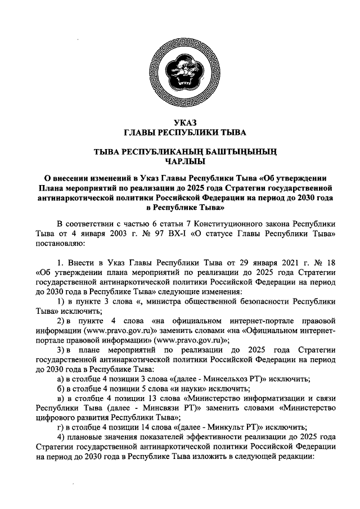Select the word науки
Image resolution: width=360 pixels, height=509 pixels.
pyautogui.click(x=204, y=389)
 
